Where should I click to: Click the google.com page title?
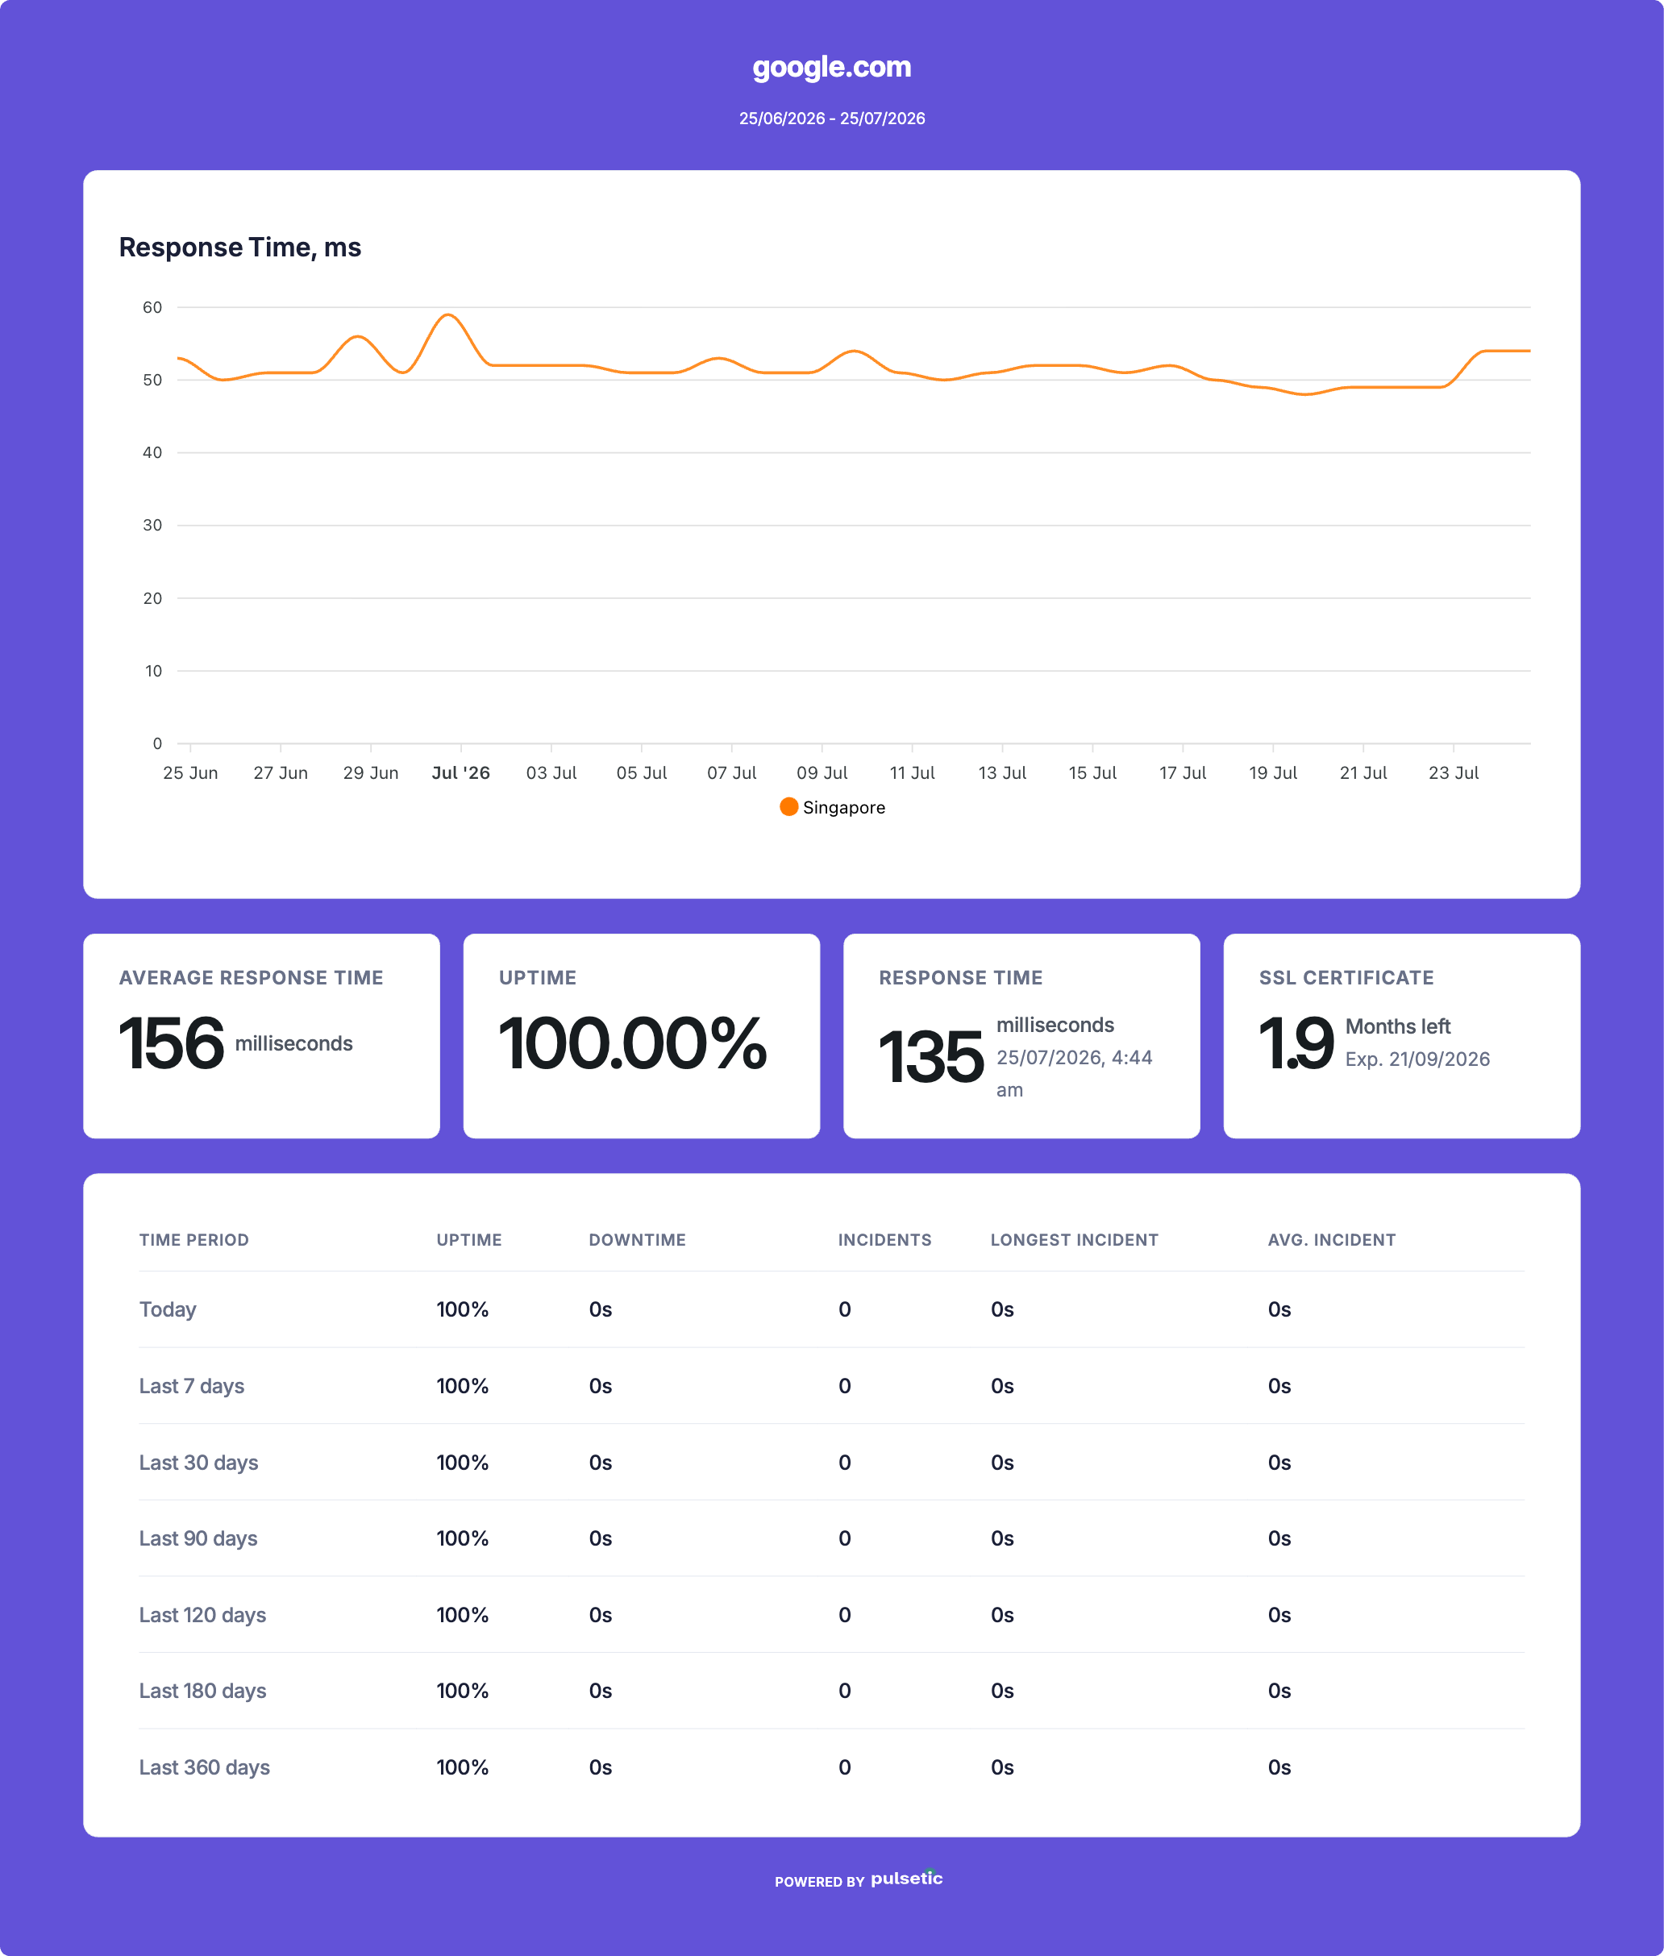(x=831, y=68)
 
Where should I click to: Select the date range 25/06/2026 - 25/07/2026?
(x=831, y=119)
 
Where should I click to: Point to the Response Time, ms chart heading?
(x=239, y=248)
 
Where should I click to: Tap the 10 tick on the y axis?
(x=153, y=671)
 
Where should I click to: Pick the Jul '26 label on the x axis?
(x=460, y=772)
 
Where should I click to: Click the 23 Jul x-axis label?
(x=1453, y=772)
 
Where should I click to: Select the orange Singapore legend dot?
(x=788, y=807)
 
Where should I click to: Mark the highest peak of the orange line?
(x=449, y=314)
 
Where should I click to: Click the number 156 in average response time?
(x=171, y=1043)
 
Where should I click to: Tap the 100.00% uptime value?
(x=632, y=1043)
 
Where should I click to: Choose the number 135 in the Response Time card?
(x=931, y=1057)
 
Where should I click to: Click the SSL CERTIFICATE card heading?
(x=1346, y=977)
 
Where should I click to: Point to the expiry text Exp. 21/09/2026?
(x=1416, y=1059)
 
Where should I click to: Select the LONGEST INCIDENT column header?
(x=1074, y=1240)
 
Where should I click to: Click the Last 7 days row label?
(x=192, y=1386)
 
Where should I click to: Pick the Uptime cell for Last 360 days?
(x=462, y=1767)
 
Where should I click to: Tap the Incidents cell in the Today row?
(x=844, y=1309)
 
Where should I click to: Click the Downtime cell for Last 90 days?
(x=600, y=1539)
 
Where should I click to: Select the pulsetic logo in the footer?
(x=906, y=1878)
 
